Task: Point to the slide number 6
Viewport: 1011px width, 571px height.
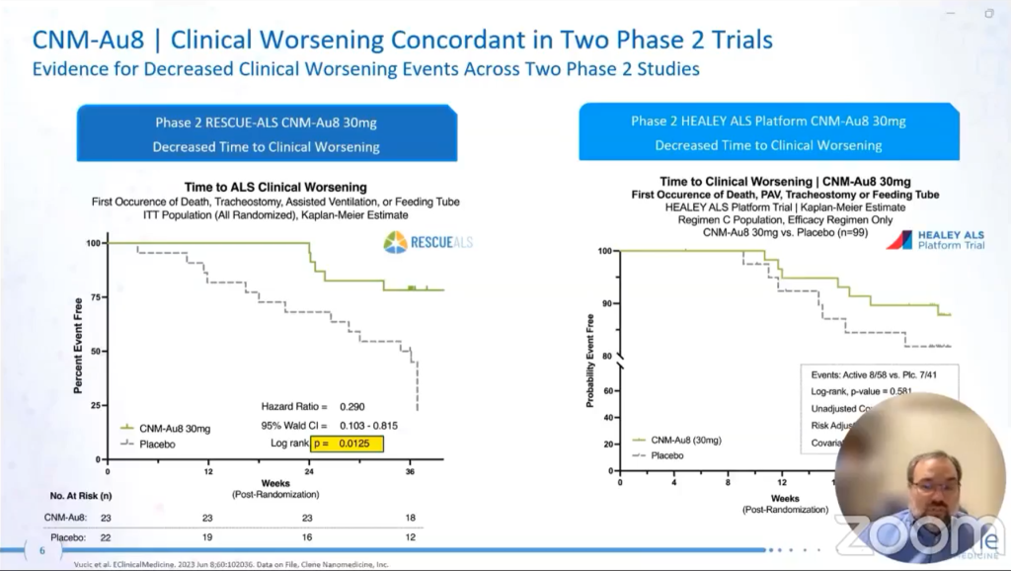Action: pyautogui.click(x=41, y=551)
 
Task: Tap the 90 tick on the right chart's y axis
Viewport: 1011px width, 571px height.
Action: pyautogui.click(x=607, y=303)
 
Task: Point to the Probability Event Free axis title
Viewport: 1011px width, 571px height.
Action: pyautogui.click(x=591, y=361)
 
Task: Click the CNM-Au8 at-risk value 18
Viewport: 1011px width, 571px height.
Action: pyautogui.click(x=410, y=517)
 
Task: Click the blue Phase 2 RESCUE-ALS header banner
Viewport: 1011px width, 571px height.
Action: pyautogui.click(x=267, y=134)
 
